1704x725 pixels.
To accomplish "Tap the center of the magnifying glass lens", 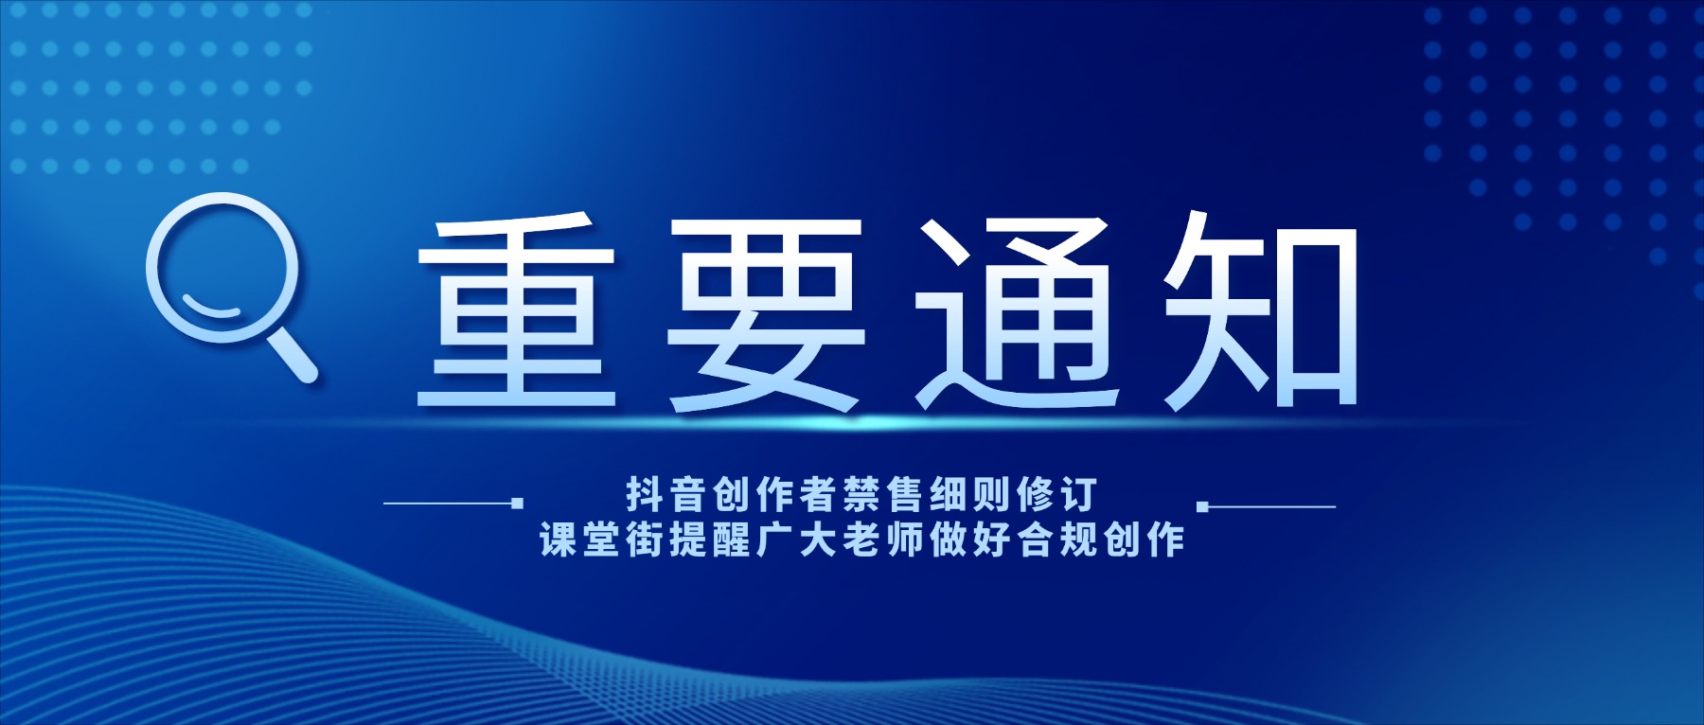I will coord(222,268).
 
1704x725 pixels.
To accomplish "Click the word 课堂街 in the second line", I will coord(603,540).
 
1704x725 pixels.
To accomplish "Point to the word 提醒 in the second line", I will coord(710,540).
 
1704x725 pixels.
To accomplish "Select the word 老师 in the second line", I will coord(882,540).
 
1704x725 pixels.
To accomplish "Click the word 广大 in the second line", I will coord(796,540).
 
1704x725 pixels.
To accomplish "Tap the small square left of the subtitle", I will coord(517,504).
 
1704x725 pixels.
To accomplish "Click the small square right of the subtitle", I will coord(1203,506).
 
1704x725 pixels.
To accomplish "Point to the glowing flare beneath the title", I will coord(861,420).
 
